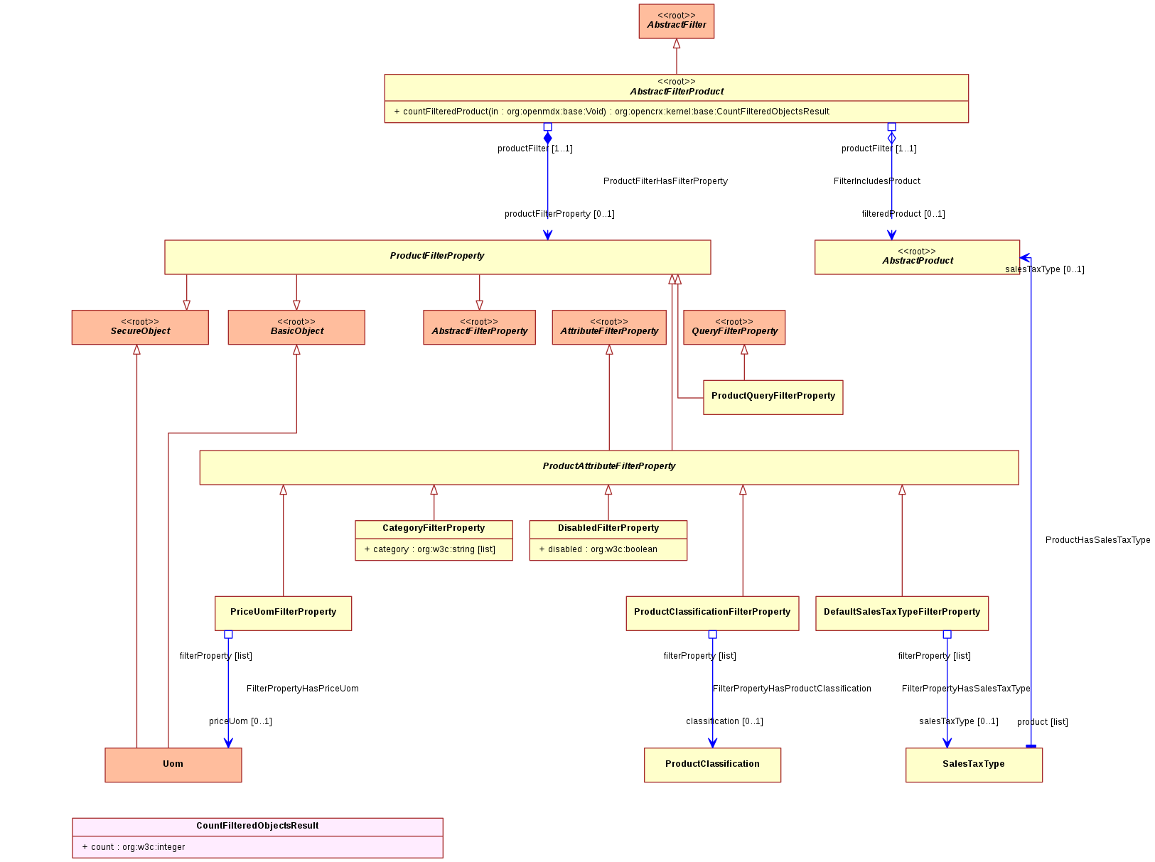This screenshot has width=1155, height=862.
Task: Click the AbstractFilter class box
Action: pos(676,21)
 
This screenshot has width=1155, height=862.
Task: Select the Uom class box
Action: pos(173,765)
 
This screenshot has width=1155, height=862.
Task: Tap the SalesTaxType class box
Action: pos(974,765)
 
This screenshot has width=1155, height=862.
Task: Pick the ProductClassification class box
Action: pos(712,765)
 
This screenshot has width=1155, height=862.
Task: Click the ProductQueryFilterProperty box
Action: pos(773,397)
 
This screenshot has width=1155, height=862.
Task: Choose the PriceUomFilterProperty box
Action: pos(283,613)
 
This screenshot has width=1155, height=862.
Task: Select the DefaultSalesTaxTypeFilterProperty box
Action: pos(901,613)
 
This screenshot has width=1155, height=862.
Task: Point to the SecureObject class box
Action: pos(140,327)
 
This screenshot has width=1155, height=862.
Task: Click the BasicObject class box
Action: pos(296,327)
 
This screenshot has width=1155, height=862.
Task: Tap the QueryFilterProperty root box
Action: pos(734,327)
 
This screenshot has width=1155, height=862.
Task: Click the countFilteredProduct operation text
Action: pos(611,112)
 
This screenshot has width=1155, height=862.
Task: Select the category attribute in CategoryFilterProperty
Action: pos(429,549)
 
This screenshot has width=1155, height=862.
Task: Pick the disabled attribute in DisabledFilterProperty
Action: pos(598,549)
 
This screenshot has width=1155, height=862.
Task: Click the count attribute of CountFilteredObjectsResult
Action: pos(133,847)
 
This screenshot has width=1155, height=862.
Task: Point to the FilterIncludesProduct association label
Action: pos(876,181)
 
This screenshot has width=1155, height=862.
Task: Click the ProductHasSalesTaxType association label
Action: pos(1097,539)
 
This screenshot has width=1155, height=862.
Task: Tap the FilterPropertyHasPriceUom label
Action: pos(303,689)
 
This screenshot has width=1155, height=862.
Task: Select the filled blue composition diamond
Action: pos(548,138)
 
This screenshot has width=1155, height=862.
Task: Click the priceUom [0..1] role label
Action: pos(240,721)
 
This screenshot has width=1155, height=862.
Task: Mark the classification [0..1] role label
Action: pos(724,721)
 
